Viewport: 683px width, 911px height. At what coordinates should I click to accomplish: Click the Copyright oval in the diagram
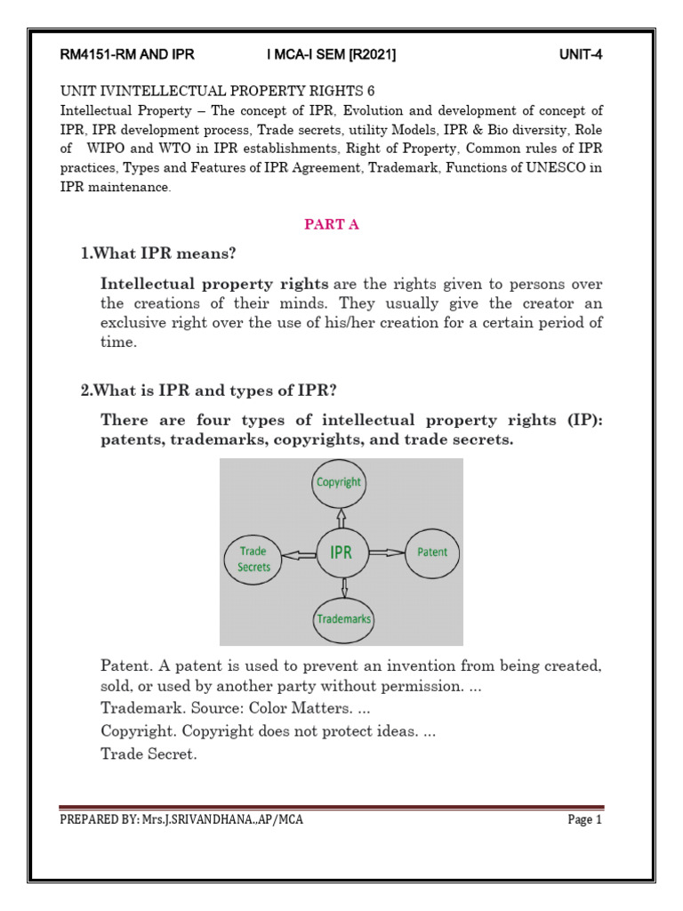point(339,482)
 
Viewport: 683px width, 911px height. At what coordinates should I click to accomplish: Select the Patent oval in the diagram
point(432,552)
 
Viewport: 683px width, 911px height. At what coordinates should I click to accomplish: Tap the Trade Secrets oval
point(254,559)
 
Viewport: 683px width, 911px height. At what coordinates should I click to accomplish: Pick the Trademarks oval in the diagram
point(343,618)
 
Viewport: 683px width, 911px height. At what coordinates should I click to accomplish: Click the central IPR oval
point(341,552)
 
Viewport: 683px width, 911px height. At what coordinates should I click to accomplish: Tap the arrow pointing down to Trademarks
point(343,588)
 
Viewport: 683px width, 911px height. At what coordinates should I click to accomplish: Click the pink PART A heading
point(332,225)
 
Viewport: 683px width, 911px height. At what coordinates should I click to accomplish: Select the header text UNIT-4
point(581,55)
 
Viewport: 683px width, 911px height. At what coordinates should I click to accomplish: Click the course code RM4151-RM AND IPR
point(126,55)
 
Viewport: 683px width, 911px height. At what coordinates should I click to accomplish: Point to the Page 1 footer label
point(584,820)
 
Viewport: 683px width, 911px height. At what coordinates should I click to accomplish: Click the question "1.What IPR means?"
point(158,254)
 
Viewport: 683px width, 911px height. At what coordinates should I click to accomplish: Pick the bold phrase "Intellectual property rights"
point(214,285)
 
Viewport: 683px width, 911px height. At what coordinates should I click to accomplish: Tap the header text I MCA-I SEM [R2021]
point(331,55)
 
